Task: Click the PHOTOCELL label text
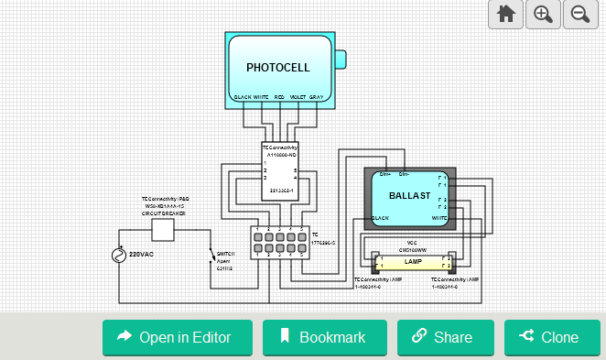pyautogui.click(x=278, y=68)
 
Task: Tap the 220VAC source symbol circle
pyautogui.click(x=118, y=256)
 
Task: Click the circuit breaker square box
pyautogui.click(x=162, y=229)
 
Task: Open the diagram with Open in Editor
pyautogui.click(x=177, y=337)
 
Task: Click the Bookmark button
pyautogui.click(x=324, y=337)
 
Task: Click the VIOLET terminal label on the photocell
pyautogui.click(x=298, y=96)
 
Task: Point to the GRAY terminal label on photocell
pyautogui.click(x=316, y=96)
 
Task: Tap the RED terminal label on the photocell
pyautogui.click(x=279, y=96)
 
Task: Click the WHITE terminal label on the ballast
pyautogui.click(x=438, y=219)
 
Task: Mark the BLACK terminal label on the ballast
pyautogui.click(x=381, y=219)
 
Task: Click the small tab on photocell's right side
pyautogui.click(x=340, y=60)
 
